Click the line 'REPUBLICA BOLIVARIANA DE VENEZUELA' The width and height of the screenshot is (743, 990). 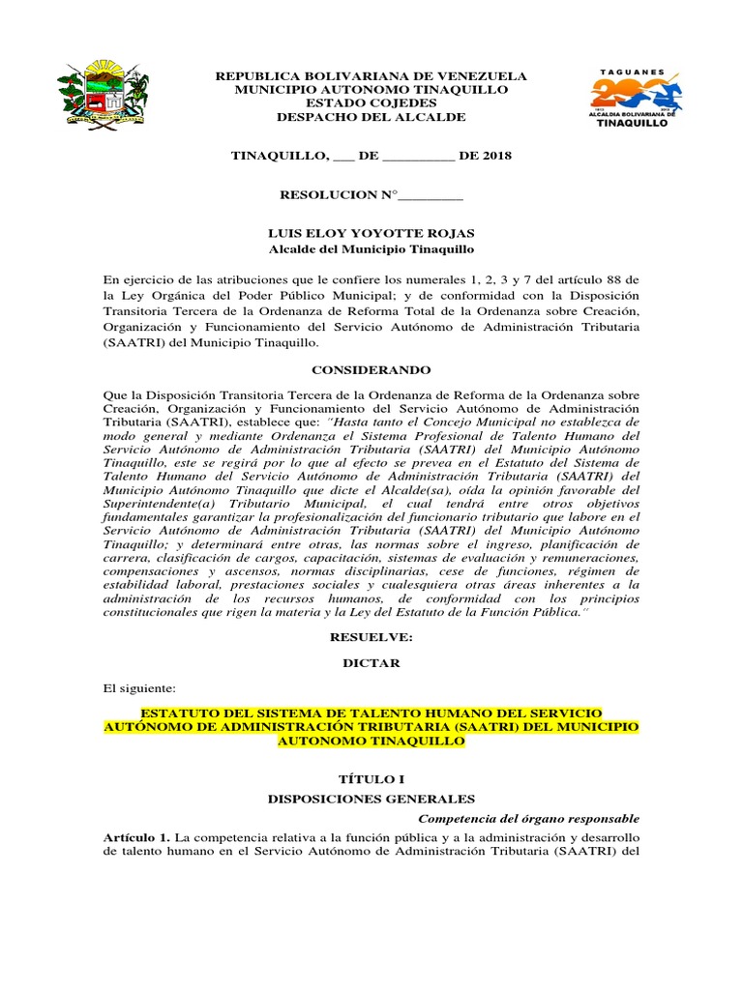pyautogui.click(x=371, y=75)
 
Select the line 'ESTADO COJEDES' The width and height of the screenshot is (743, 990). pyautogui.click(x=371, y=103)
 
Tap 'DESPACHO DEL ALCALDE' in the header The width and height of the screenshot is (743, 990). pyautogui.click(x=371, y=117)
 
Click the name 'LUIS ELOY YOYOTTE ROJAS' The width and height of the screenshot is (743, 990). pyautogui.click(x=371, y=233)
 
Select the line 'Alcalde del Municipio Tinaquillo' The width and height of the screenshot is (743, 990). pyautogui.click(x=371, y=248)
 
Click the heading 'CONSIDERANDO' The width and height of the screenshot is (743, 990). pyautogui.click(x=371, y=370)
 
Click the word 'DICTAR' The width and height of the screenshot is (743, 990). pyautogui.click(x=371, y=664)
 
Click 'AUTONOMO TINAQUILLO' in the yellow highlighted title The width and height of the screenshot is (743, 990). pyautogui.click(x=371, y=742)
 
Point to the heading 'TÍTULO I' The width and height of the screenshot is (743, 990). pyautogui.click(x=371, y=778)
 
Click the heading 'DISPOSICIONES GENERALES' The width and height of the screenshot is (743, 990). pyautogui.click(x=371, y=799)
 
